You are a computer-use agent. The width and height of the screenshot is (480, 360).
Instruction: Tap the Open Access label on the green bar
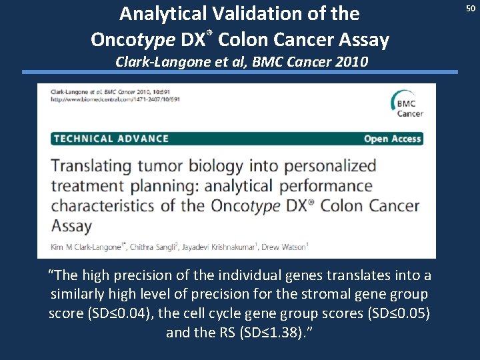[x=392, y=139]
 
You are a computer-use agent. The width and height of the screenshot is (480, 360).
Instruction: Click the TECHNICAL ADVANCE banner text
[x=111, y=139]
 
